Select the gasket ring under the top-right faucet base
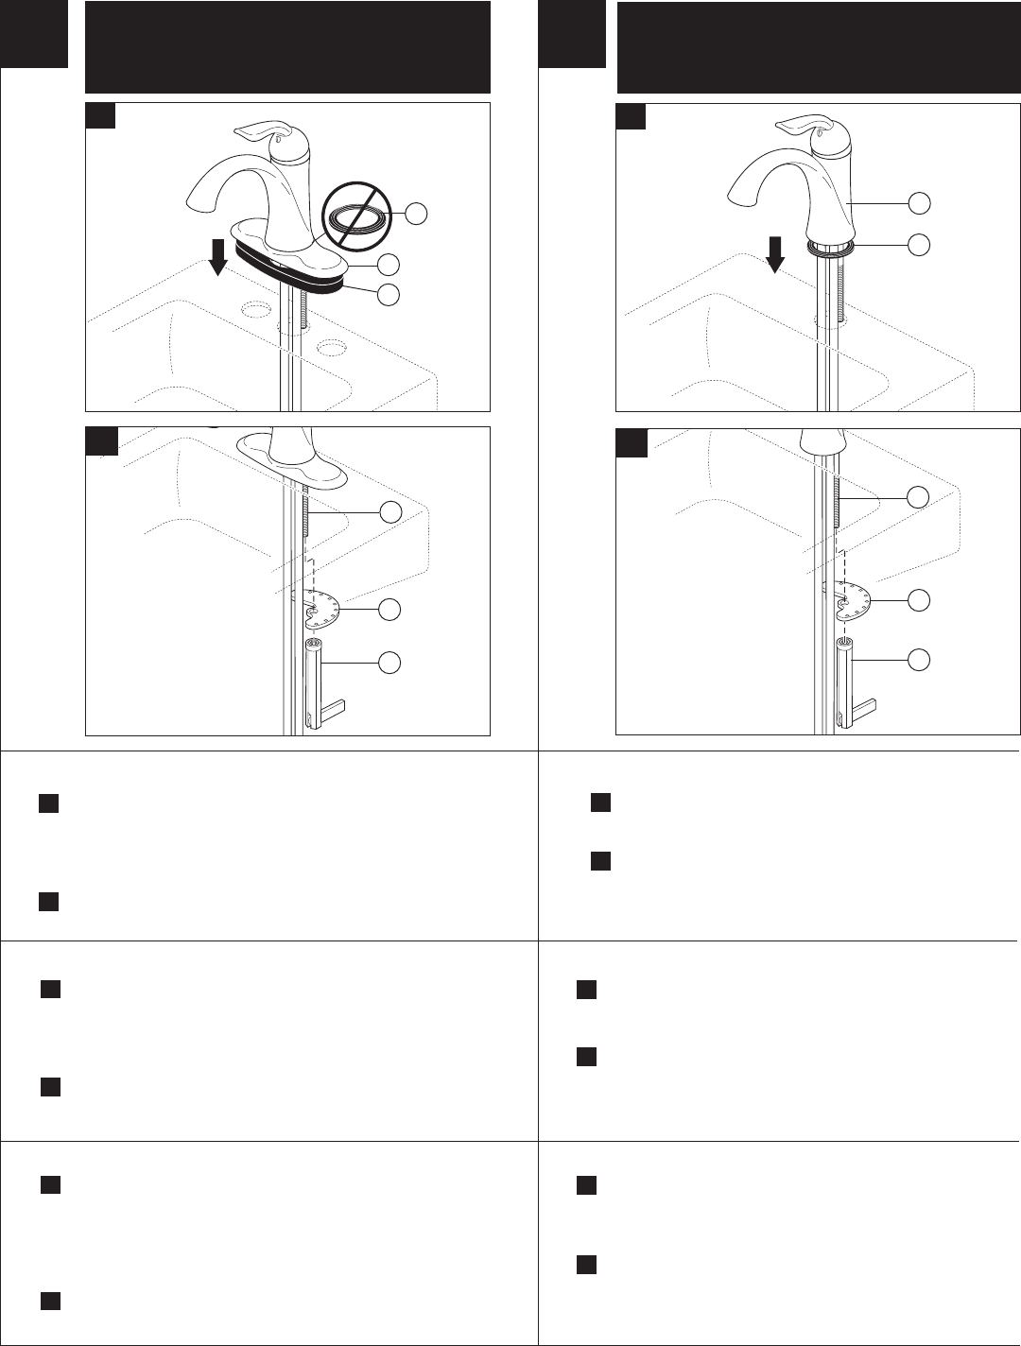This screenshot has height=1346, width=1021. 831,247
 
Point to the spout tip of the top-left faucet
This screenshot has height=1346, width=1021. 193,203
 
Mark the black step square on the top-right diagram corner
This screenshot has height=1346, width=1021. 631,115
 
